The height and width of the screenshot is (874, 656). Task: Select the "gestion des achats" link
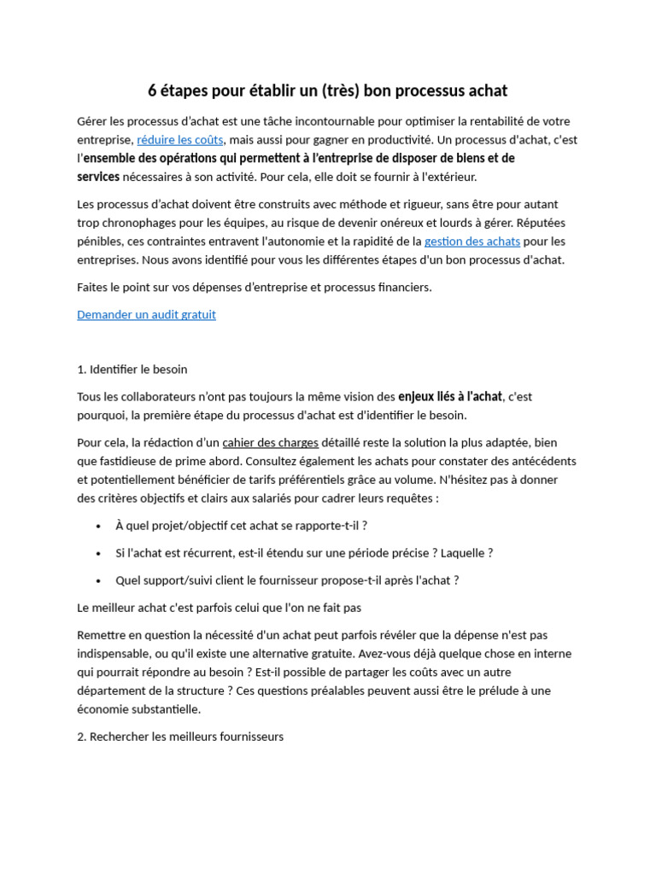tap(471, 242)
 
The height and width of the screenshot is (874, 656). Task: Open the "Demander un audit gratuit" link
tap(146, 315)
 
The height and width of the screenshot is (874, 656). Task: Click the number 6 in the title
tap(153, 90)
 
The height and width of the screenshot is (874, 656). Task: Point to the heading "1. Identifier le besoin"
tap(132, 370)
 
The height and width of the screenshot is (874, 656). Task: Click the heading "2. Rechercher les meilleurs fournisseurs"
tap(180, 737)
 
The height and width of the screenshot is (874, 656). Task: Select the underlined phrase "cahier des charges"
tap(270, 443)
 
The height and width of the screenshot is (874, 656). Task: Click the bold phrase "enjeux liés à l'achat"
tap(450, 397)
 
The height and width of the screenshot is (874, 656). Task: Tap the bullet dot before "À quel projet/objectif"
tap(99, 526)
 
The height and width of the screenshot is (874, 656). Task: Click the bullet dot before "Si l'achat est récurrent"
tap(99, 553)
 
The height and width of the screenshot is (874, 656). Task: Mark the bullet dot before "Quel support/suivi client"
tap(99, 580)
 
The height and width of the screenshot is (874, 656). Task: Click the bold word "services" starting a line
tap(98, 178)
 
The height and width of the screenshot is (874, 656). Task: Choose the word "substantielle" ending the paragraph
tap(163, 709)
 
